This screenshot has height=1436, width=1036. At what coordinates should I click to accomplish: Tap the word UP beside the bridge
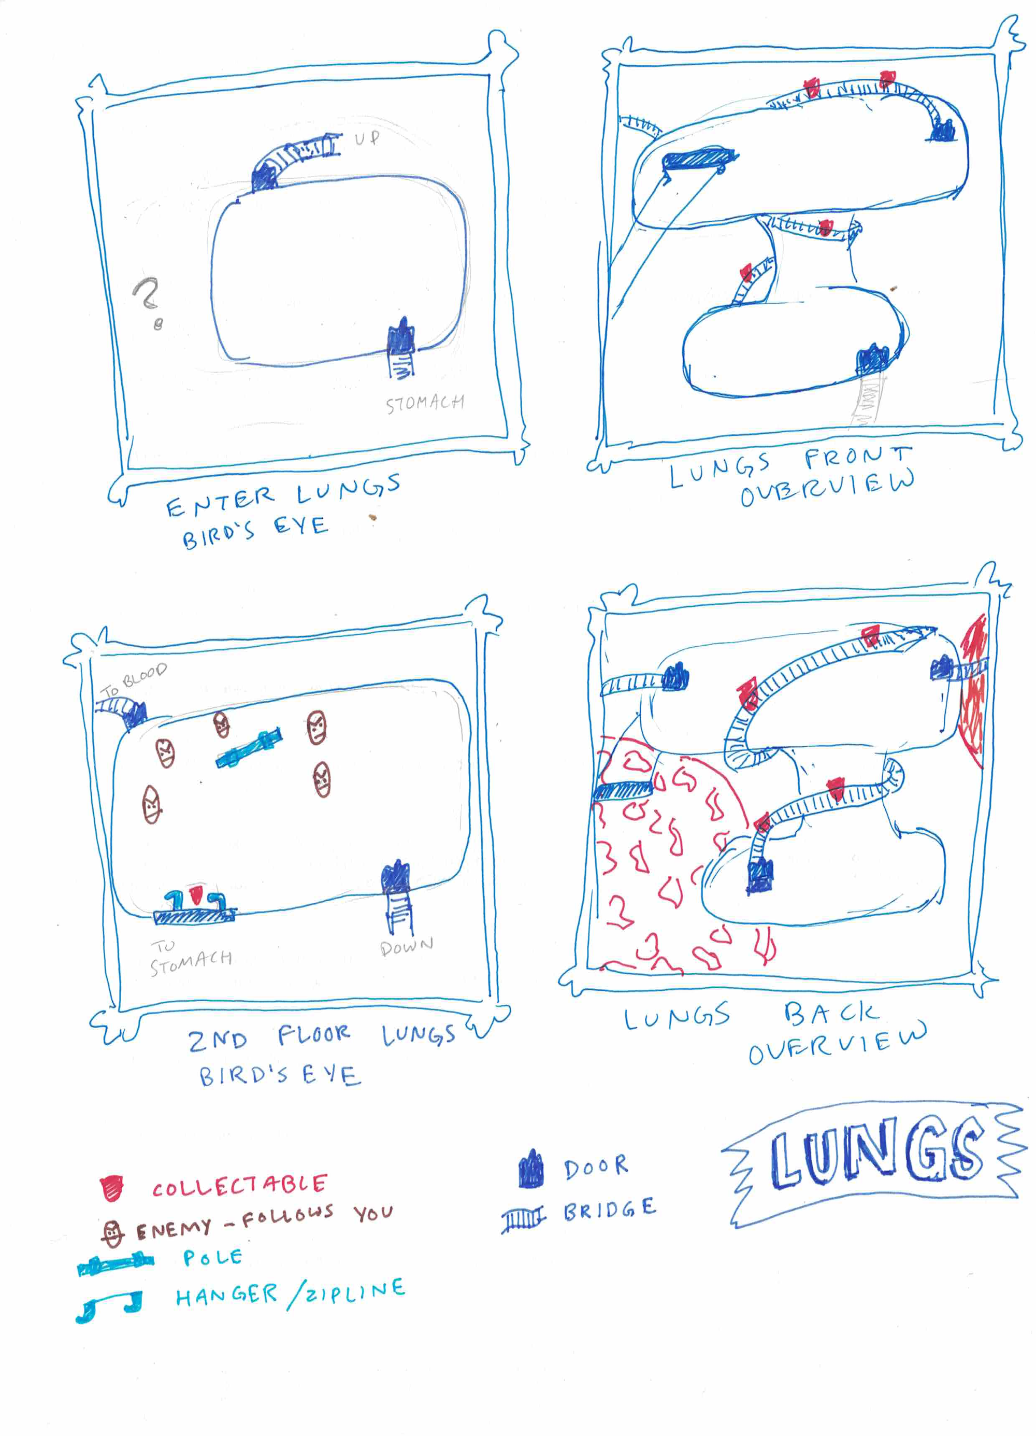(367, 138)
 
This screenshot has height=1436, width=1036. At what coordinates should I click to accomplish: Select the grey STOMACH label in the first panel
(425, 403)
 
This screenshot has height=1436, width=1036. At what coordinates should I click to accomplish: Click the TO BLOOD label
(134, 679)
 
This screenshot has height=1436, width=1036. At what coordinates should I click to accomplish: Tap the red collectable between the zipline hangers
(196, 894)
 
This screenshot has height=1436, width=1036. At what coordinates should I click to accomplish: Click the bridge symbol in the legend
(523, 1219)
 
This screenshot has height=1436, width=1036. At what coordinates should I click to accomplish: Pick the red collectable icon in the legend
(112, 1188)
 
